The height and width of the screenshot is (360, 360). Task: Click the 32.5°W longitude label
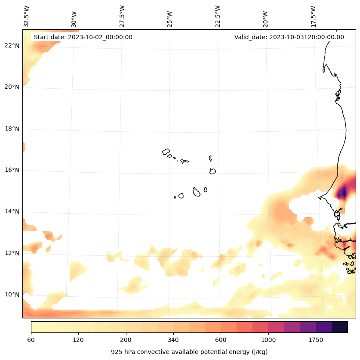click(x=27, y=16)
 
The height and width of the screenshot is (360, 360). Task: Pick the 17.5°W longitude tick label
click(x=314, y=16)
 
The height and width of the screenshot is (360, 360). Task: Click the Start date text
click(x=83, y=37)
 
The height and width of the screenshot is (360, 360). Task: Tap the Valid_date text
click(x=289, y=37)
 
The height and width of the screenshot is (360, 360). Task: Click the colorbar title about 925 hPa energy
click(x=189, y=352)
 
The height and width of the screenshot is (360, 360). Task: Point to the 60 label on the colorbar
click(x=31, y=340)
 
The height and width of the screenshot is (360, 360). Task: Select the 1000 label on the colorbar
click(x=268, y=340)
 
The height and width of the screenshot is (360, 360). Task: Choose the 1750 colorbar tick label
click(x=316, y=340)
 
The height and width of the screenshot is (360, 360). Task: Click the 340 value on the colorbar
click(x=173, y=340)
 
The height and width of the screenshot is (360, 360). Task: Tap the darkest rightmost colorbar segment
click(x=340, y=327)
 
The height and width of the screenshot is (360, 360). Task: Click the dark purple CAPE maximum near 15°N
click(x=342, y=193)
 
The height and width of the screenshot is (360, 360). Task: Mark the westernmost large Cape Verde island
click(x=166, y=152)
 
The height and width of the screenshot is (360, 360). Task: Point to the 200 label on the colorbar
click(x=126, y=340)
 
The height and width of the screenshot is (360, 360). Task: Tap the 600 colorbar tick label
click(x=221, y=340)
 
